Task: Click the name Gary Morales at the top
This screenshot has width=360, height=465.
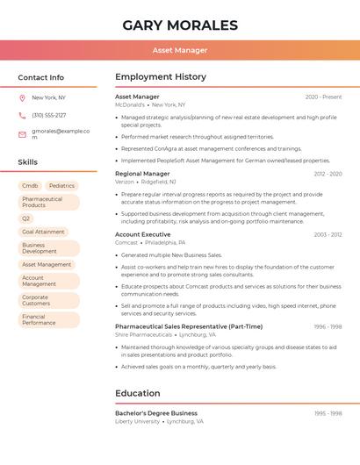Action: pyautogui.click(x=180, y=25)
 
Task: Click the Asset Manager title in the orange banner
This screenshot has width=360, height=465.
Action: pyautogui.click(x=180, y=50)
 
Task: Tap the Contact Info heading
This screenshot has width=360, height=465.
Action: pyautogui.click(x=41, y=77)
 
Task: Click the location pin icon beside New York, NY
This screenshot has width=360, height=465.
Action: pyautogui.click(x=22, y=97)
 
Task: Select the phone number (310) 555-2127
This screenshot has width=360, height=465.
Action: pyautogui.click(x=49, y=115)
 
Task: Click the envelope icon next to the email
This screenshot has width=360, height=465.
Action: pyautogui.click(x=22, y=134)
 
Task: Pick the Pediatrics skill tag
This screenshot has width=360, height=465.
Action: pyautogui.click(x=61, y=186)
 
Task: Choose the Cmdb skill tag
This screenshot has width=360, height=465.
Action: pyautogui.click(x=30, y=186)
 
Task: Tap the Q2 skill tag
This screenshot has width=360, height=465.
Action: pyautogui.click(x=26, y=218)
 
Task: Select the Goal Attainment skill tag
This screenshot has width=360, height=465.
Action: pyautogui.click(x=43, y=232)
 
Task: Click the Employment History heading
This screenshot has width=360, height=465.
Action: pyautogui.click(x=161, y=77)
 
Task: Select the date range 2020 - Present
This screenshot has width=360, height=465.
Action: pyautogui.click(x=324, y=97)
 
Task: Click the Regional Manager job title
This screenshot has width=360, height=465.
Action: pyautogui.click(x=142, y=174)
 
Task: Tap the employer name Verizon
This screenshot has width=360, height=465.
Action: pyautogui.click(x=126, y=182)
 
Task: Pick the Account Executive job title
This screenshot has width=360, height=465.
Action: pyautogui.click(x=142, y=234)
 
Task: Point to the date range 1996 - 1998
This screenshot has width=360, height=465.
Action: pyautogui.click(x=328, y=326)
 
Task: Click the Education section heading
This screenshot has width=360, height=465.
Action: pyautogui.click(x=138, y=394)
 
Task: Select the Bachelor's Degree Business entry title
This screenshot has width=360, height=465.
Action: pyautogui.click(x=156, y=413)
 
